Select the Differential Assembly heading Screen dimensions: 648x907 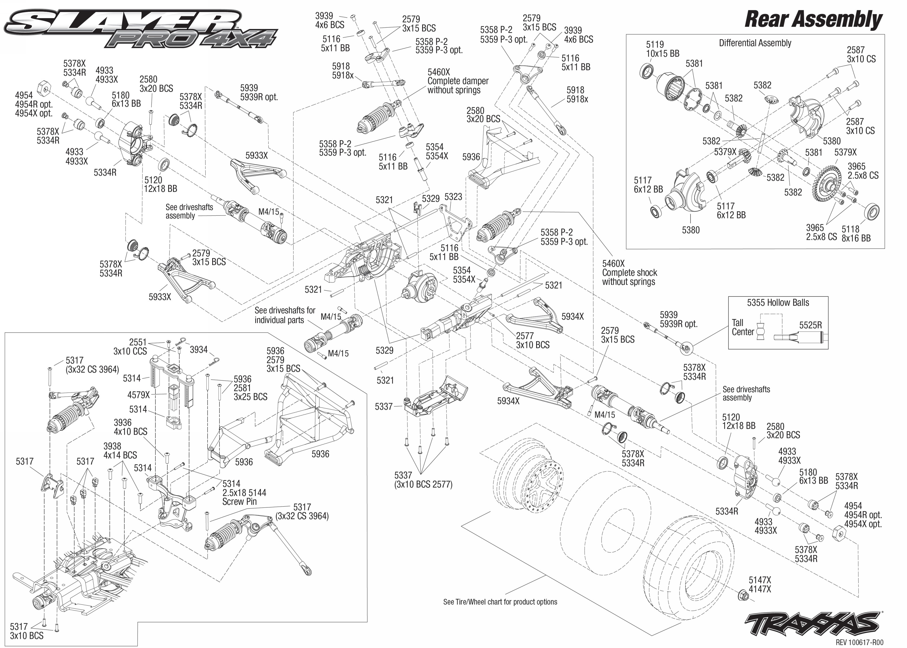[x=755, y=43]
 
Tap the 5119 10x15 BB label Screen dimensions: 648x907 [x=662, y=49]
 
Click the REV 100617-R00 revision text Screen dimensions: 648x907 [x=859, y=642]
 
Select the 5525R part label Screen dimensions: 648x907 [x=810, y=325]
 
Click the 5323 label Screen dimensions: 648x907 [x=453, y=197]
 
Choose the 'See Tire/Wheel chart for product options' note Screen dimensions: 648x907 [x=500, y=602]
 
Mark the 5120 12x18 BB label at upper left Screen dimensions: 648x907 [x=160, y=184]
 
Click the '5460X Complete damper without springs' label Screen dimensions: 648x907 [x=458, y=81]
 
